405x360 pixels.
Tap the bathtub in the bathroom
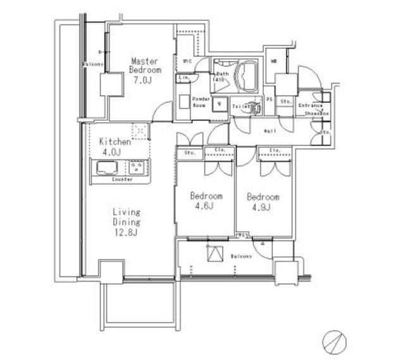pos(246,76)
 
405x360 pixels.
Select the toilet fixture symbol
pos(255,107)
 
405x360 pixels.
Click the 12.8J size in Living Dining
pos(127,233)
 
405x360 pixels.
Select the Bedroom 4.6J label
pos(206,202)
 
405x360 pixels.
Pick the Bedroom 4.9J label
pos(263,201)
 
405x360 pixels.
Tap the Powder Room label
pos(201,102)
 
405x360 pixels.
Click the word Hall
pos(269,130)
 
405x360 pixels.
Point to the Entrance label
pos(311,105)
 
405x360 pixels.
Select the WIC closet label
pos(187,61)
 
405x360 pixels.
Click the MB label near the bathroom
pos(273,61)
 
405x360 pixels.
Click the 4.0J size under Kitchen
pos(111,152)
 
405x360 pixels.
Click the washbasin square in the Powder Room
pos(219,105)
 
